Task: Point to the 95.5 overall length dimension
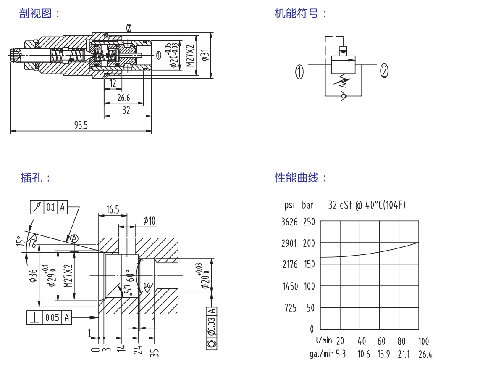click(81, 125)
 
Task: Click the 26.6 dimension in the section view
click(123, 98)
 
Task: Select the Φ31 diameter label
click(205, 55)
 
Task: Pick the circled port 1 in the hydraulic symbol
click(299, 72)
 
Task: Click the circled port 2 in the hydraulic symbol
click(384, 71)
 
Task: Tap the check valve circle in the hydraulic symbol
click(344, 96)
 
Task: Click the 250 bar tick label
click(308, 222)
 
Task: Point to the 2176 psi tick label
click(289, 264)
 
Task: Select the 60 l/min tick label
click(381, 341)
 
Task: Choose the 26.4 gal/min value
click(425, 354)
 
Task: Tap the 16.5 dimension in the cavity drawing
click(113, 209)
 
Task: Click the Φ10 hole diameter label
click(149, 220)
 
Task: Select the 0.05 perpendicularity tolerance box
click(52, 317)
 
